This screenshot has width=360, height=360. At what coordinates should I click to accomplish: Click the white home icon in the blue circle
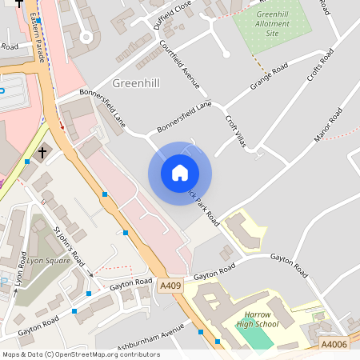pos(180,173)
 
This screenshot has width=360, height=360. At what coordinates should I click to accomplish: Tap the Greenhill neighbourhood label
pos(137,83)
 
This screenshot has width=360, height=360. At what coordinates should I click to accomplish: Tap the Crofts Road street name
pos(320,67)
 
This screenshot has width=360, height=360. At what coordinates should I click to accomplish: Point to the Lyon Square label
pos(46,261)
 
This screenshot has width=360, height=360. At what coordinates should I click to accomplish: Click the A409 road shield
pos(170,286)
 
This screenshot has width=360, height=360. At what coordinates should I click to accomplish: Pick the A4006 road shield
pos(334,344)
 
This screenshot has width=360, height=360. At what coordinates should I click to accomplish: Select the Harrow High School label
pos(256,318)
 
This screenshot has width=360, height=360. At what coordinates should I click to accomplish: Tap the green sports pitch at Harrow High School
pos(256,337)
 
